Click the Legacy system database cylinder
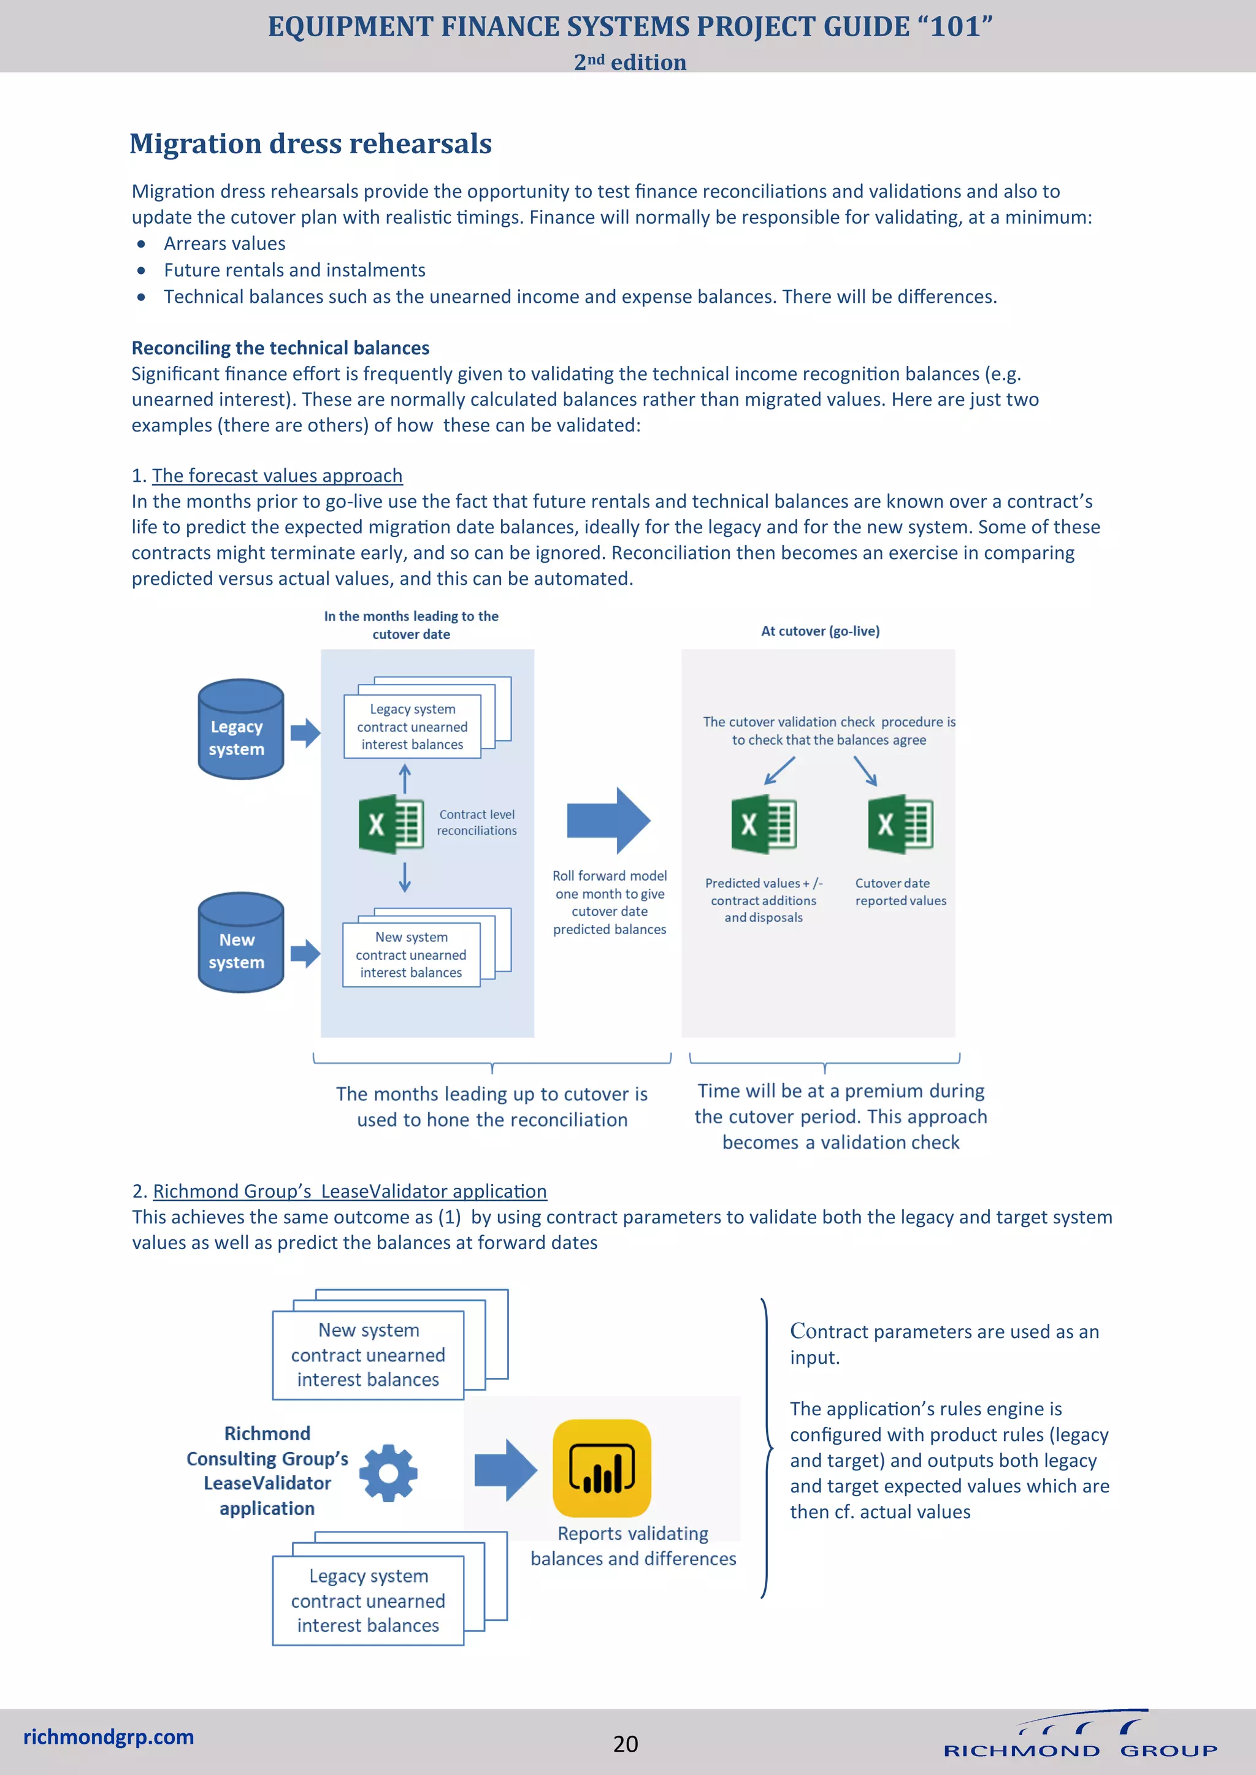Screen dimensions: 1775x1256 [x=240, y=729]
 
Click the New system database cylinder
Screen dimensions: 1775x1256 [x=240, y=943]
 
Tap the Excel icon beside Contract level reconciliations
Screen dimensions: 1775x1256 [x=391, y=825]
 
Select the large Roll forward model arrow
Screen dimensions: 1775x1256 [x=608, y=820]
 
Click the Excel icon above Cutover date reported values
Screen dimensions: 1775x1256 [x=900, y=824]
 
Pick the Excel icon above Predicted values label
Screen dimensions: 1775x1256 [x=764, y=824]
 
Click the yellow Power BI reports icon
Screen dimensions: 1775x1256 [x=602, y=1467]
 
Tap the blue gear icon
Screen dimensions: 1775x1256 [x=388, y=1473]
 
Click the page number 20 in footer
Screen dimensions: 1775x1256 [x=625, y=1743]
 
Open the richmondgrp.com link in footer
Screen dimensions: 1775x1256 [x=109, y=1736]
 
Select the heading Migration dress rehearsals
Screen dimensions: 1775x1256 [x=310, y=144]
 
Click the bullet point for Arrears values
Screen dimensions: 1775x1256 [x=141, y=245]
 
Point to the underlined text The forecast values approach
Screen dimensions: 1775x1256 [x=277, y=476]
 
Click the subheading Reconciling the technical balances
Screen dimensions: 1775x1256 [x=280, y=348]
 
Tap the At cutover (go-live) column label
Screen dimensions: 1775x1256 [x=820, y=631]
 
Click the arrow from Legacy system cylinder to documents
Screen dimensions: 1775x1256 [x=305, y=732]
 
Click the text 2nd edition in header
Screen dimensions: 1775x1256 [x=630, y=62]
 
